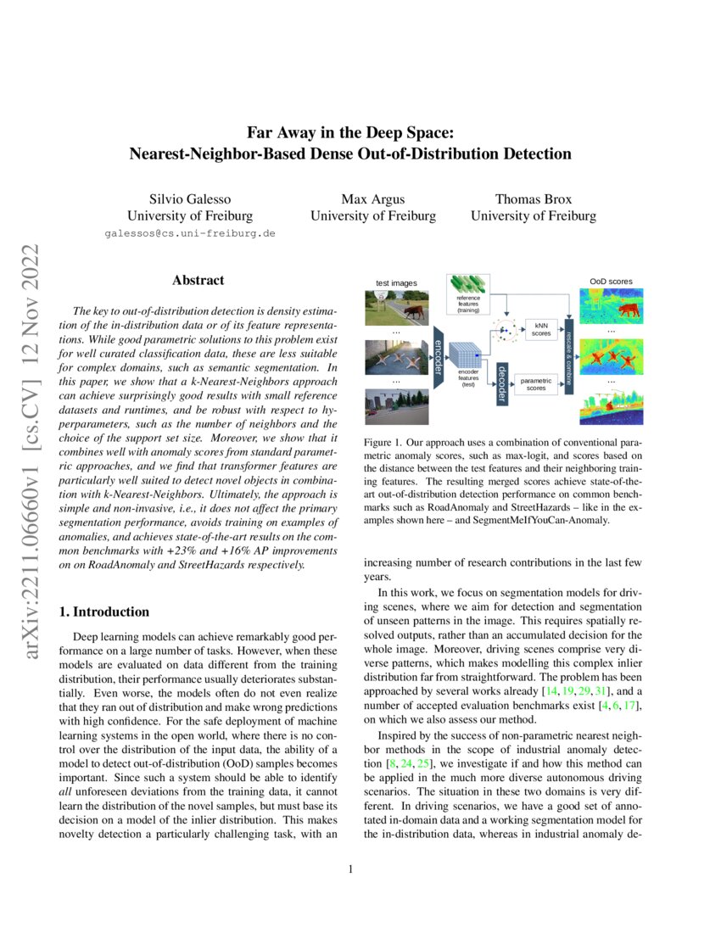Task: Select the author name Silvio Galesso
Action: (x=189, y=198)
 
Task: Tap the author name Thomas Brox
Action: (x=533, y=198)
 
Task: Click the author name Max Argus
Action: (x=372, y=198)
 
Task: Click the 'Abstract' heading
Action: (x=198, y=280)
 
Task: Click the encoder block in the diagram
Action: (x=439, y=355)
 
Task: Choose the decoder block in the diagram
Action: (x=501, y=384)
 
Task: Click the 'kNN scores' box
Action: (x=540, y=330)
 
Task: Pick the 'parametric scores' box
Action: (x=536, y=385)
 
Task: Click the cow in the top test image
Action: (x=415, y=312)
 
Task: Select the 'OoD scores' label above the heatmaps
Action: (x=610, y=282)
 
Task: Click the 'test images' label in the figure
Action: (x=397, y=282)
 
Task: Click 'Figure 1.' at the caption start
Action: (x=382, y=444)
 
